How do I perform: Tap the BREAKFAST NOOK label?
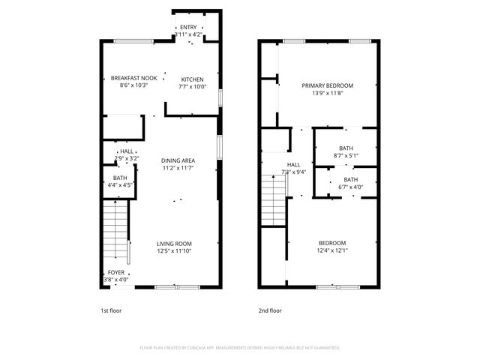(x=133, y=78)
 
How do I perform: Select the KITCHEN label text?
(x=192, y=79)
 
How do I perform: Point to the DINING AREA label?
(x=178, y=160)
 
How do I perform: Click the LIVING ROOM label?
(x=174, y=243)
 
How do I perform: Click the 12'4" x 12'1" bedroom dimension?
(x=332, y=250)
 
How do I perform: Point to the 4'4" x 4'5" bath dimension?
(x=120, y=184)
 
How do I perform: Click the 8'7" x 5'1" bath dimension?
(x=346, y=155)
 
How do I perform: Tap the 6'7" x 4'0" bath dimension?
(x=350, y=187)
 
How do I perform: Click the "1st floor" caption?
(x=110, y=310)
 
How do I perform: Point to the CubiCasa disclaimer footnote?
(x=240, y=348)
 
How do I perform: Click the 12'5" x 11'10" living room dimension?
(x=174, y=251)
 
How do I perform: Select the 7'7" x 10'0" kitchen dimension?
(x=192, y=86)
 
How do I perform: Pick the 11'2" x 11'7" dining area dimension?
(x=178, y=168)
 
